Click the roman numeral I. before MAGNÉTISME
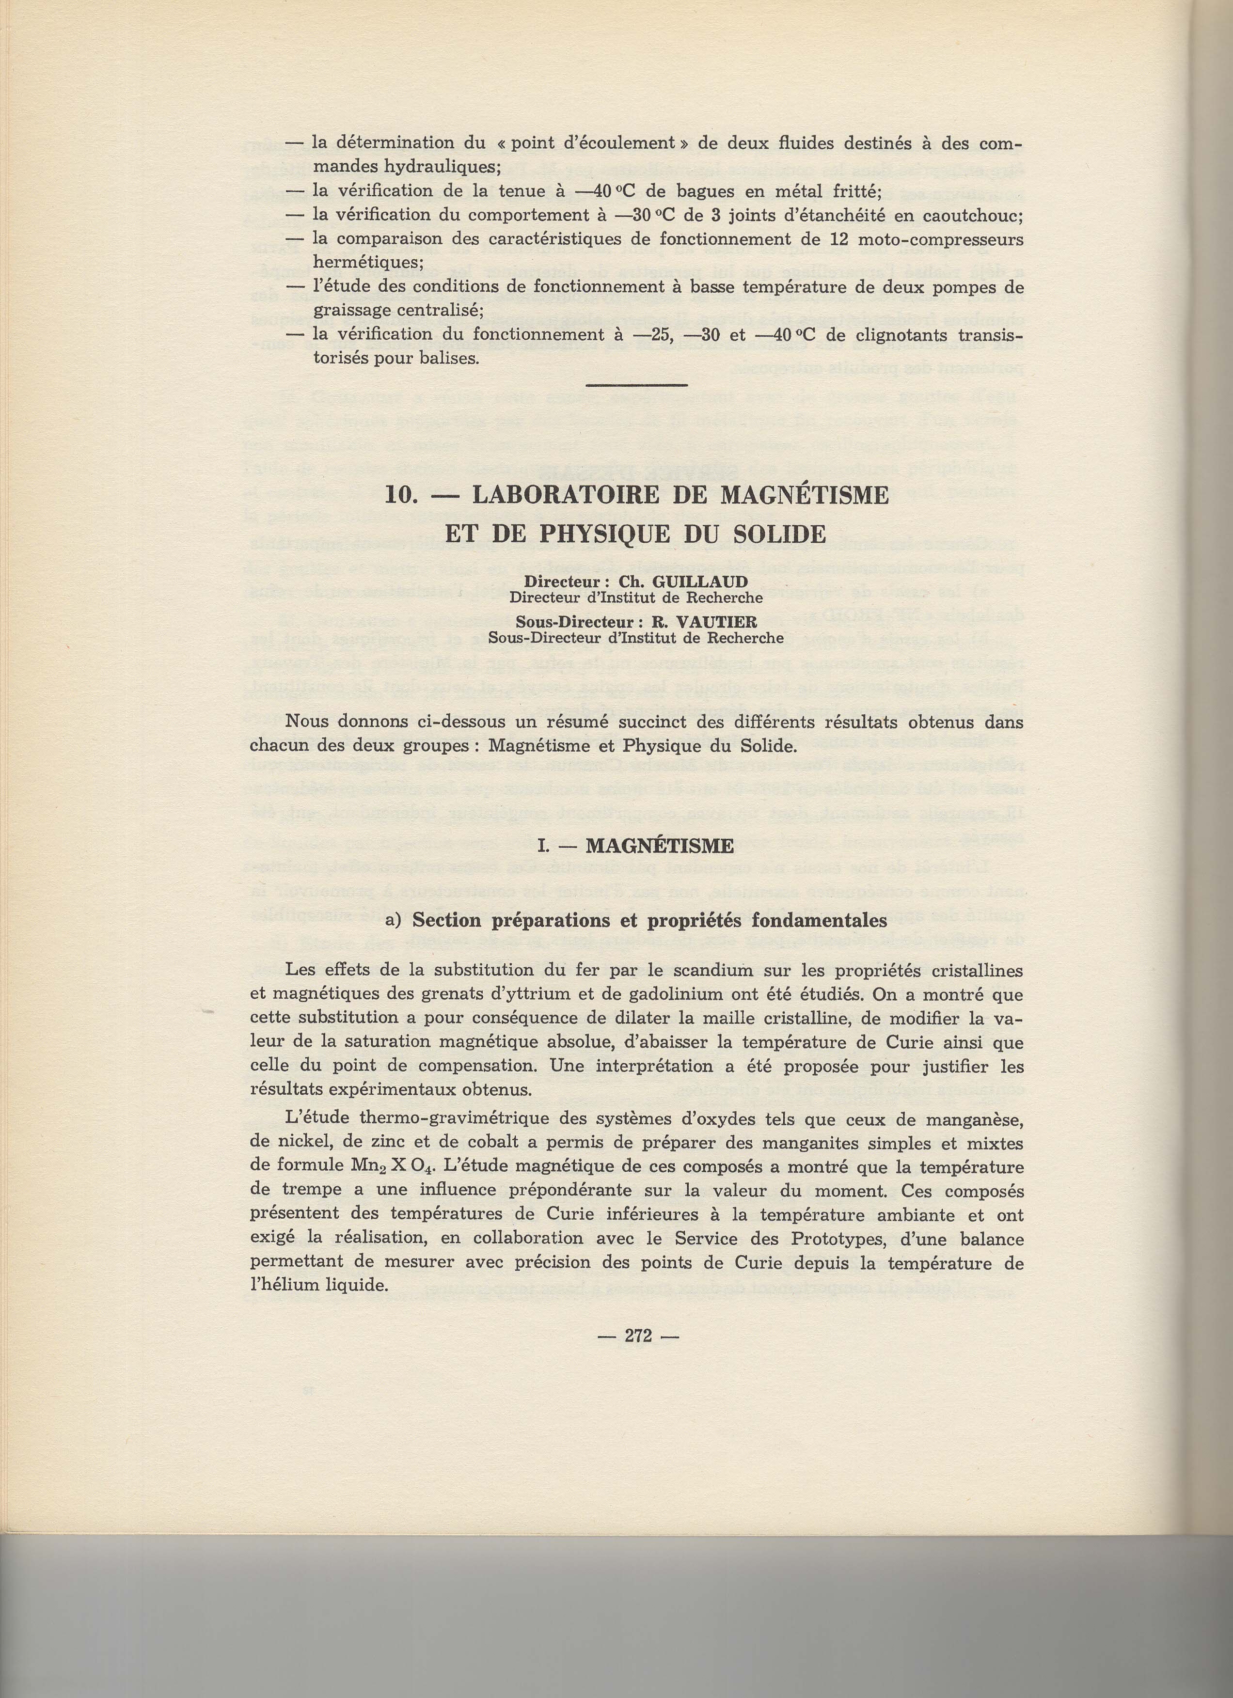[x=544, y=847]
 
